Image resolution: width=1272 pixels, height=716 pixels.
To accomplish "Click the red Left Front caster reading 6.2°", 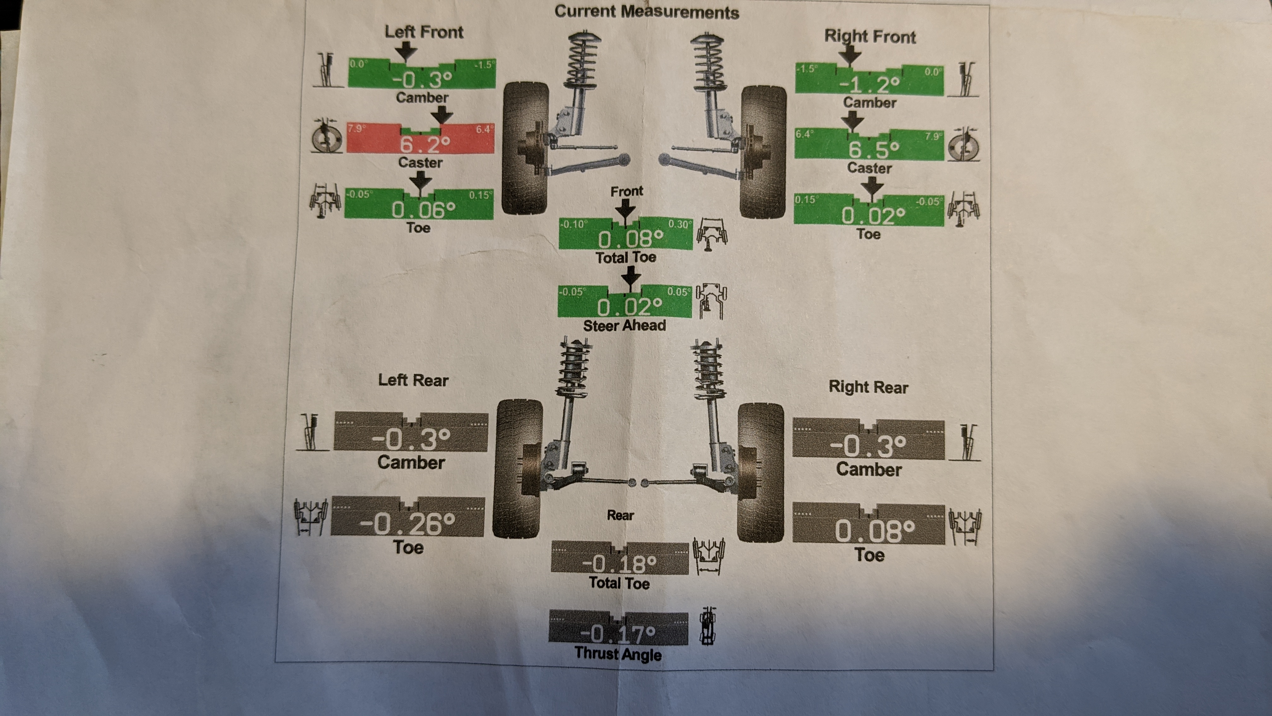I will click(x=425, y=144).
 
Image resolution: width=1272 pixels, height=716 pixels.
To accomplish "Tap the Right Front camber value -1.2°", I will click(x=869, y=85).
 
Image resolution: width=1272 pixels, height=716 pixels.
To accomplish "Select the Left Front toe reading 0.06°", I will click(x=423, y=210).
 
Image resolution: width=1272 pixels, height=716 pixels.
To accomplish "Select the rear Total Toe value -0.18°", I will click(x=619, y=563).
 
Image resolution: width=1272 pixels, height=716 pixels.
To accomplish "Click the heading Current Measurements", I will click(x=646, y=12).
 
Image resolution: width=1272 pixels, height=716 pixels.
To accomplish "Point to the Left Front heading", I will click(x=424, y=32).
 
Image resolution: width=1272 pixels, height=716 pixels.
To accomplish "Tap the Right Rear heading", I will click(x=868, y=387).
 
